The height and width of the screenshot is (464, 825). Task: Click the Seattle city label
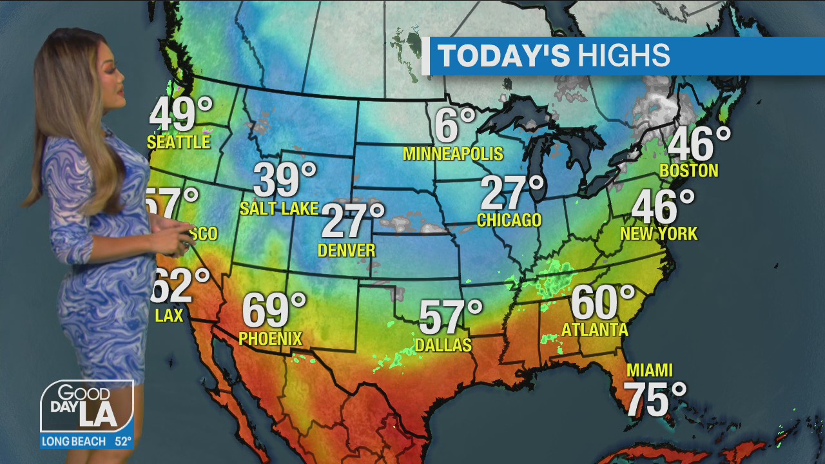coord(179,142)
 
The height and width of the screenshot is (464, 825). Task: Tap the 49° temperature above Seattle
coord(180,115)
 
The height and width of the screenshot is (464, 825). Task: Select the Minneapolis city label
coord(452,153)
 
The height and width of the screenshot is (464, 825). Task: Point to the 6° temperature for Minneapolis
coord(454,125)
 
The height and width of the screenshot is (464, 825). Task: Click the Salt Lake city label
coord(279,208)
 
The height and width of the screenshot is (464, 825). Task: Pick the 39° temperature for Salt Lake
coord(284,180)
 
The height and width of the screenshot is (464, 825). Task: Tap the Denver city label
coord(347,250)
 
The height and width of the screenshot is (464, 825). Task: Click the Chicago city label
coord(509,220)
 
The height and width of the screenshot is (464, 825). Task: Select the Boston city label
coord(689,171)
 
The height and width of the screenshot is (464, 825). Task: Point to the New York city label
coord(659,233)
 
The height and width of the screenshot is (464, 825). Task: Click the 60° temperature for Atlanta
coord(603,302)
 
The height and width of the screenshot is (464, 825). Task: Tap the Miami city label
coord(649,371)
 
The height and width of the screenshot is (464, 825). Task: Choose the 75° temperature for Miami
coord(655,399)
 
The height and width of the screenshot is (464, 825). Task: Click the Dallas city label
coord(443,345)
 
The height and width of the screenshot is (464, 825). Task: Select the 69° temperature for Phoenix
coord(273,310)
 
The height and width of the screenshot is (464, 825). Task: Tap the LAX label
coord(169,315)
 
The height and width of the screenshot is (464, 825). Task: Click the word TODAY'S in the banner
coord(504,56)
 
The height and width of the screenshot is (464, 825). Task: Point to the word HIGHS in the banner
coord(623,56)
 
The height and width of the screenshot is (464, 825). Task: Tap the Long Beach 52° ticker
coord(87,442)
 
